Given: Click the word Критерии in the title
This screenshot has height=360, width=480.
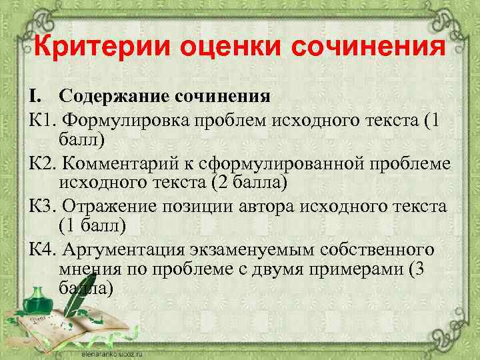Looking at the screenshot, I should coord(93,49).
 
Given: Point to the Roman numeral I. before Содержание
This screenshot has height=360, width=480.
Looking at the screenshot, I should coord(35,96).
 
